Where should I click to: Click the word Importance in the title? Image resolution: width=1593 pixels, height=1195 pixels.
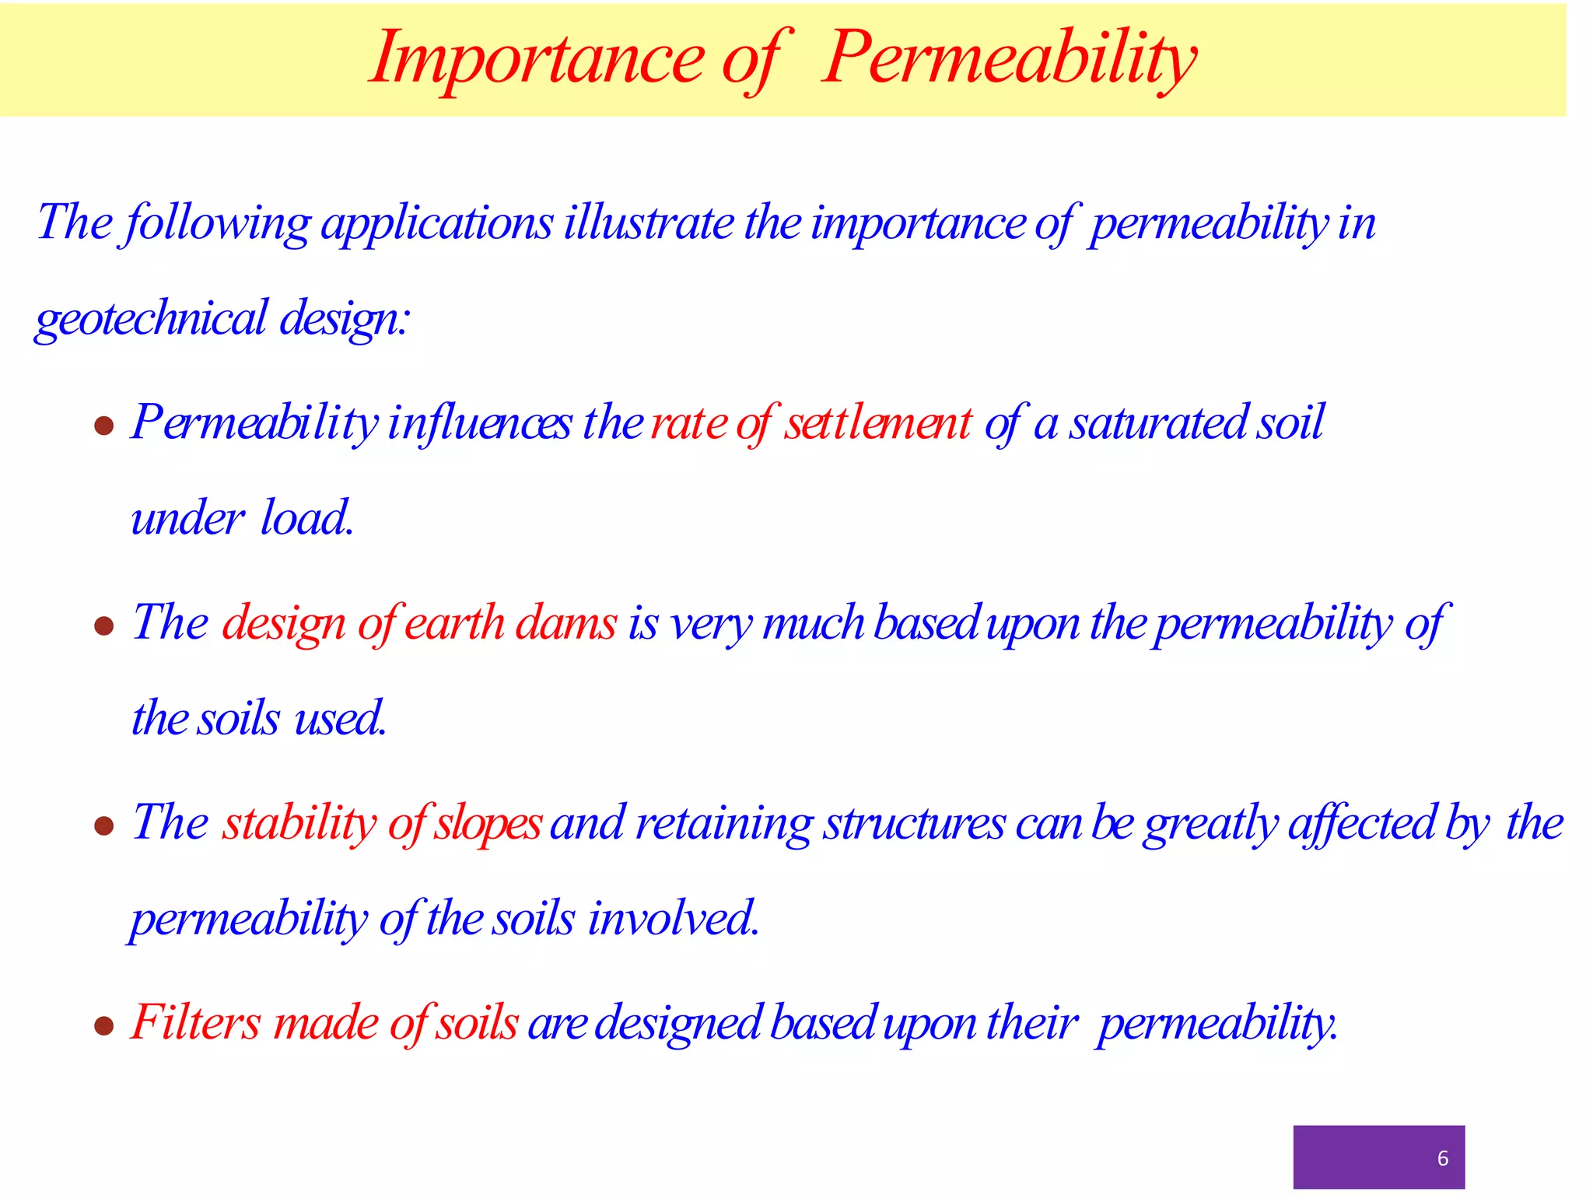pos(537,58)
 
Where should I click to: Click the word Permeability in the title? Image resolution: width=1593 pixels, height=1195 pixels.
pos(1009,58)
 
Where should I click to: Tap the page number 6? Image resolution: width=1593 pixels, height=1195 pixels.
pos(1443,1158)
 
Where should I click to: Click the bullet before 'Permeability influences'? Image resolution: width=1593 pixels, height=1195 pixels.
pos(104,426)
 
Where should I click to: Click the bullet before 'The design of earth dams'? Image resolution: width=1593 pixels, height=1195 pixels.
pos(104,626)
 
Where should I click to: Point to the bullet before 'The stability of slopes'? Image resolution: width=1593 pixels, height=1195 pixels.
pos(104,825)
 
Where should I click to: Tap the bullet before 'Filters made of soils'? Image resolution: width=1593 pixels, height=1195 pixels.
pos(104,1025)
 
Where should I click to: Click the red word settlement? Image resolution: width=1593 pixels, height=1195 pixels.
pos(877,423)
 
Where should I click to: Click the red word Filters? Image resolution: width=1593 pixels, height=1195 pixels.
pos(196,1022)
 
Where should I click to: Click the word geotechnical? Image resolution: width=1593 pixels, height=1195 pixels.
pos(152,319)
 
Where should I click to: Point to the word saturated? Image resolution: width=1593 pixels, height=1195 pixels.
pos(1158,423)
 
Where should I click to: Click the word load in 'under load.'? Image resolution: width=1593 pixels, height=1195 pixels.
pos(306,518)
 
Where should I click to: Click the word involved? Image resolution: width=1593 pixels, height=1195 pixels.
pos(673,919)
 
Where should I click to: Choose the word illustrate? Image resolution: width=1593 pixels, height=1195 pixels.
pos(649,223)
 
